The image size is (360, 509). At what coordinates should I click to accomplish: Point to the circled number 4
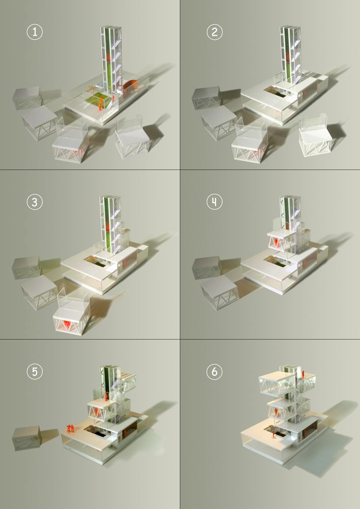click(214, 202)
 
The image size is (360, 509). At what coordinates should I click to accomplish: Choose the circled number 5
click(35, 372)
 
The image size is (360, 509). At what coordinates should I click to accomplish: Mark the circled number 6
click(214, 372)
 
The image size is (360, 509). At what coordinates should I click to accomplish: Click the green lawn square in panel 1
click(96, 100)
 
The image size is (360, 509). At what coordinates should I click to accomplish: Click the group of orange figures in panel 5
click(70, 428)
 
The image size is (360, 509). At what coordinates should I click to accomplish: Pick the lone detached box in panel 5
click(27, 438)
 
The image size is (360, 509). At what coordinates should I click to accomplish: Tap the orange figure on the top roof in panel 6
click(303, 374)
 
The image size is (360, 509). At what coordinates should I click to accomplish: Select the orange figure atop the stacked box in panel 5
click(106, 397)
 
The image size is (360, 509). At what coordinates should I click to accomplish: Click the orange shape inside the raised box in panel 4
click(276, 242)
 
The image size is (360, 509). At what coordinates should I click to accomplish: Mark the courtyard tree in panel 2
click(271, 89)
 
